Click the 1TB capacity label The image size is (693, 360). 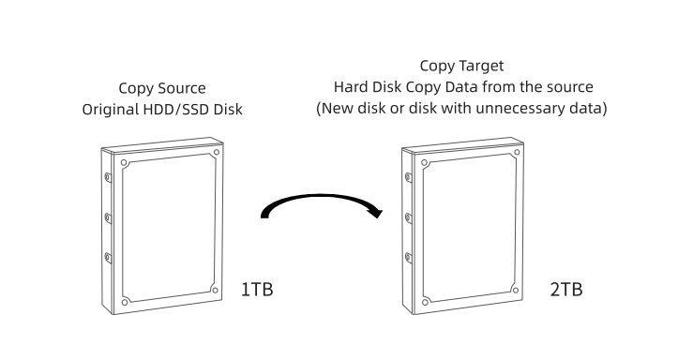click(x=257, y=290)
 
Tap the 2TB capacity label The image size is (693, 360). click(x=566, y=290)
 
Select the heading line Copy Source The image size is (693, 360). click(x=162, y=88)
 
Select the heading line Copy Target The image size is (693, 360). click(x=461, y=66)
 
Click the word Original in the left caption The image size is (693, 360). click(x=111, y=109)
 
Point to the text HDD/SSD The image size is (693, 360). click(x=176, y=109)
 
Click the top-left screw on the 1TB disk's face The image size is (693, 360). click(x=124, y=163)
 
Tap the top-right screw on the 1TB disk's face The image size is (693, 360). click(x=217, y=153)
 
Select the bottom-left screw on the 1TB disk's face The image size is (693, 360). click(x=125, y=302)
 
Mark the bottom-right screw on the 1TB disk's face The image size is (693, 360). click(x=216, y=291)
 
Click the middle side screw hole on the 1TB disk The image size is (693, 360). click(x=108, y=217)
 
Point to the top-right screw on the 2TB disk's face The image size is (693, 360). click(x=517, y=153)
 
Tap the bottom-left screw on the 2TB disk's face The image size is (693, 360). click(x=425, y=302)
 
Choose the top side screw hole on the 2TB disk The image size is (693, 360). click(x=408, y=177)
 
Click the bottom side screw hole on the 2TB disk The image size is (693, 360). click(x=408, y=258)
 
